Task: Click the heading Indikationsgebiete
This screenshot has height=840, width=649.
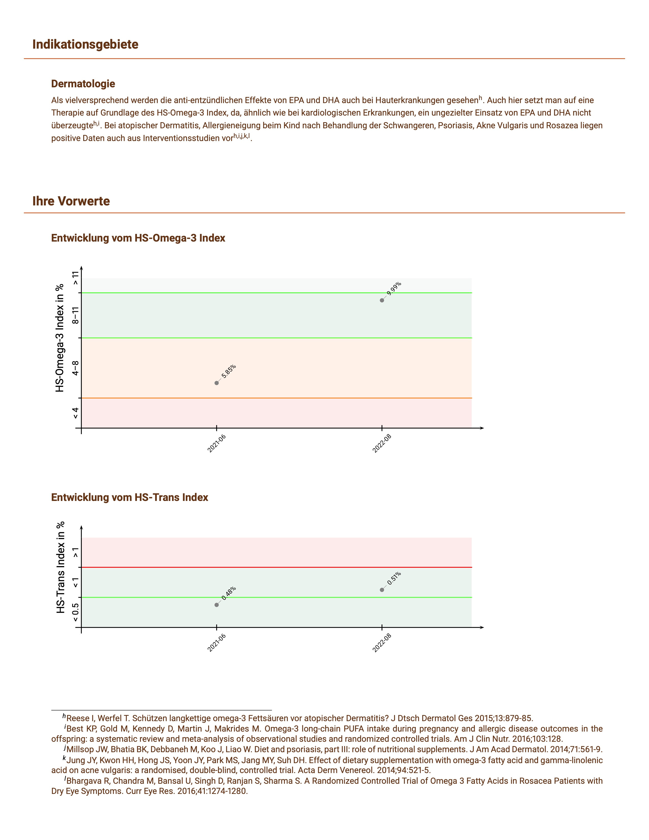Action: (85, 44)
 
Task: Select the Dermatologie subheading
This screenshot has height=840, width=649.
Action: (83, 83)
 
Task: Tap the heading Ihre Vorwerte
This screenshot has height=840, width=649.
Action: (71, 201)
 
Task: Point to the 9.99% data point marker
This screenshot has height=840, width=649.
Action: (382, 300)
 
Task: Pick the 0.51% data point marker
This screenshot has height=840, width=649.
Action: (382, 590)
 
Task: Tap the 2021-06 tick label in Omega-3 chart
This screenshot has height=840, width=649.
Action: (217, 443)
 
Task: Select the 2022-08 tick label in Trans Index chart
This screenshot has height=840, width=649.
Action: (382, 643)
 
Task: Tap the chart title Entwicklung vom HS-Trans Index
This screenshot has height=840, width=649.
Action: (130, 497)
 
